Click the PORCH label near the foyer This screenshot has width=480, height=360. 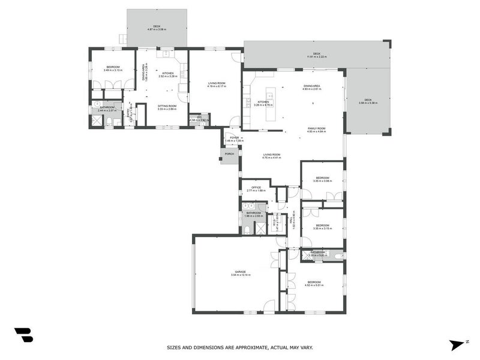[x=229, y=154]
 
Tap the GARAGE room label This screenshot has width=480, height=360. [x=240, y=272]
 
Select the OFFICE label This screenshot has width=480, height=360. [x=256, y=187]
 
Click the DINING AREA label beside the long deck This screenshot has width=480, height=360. [x=312, y=86]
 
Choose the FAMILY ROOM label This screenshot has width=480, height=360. [x=316, y=128]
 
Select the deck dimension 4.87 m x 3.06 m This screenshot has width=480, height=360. [x=157, y=29]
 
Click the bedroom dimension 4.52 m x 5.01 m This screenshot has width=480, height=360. [x=314, y=286]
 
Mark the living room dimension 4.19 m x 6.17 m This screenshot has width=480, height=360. [x=217, y=86]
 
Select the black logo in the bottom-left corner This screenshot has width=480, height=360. [x=24, y=335]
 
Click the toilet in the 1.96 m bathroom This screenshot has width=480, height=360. [x=247, y=229]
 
